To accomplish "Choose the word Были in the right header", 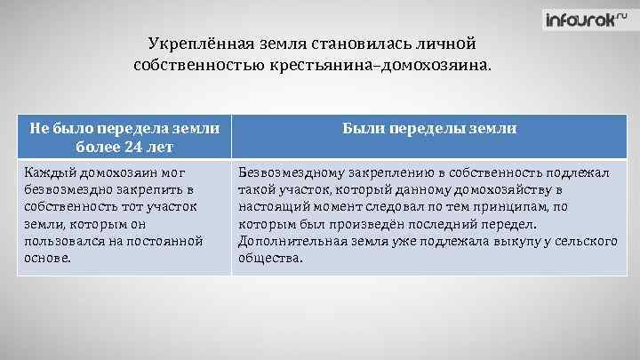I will click(362, 128).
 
